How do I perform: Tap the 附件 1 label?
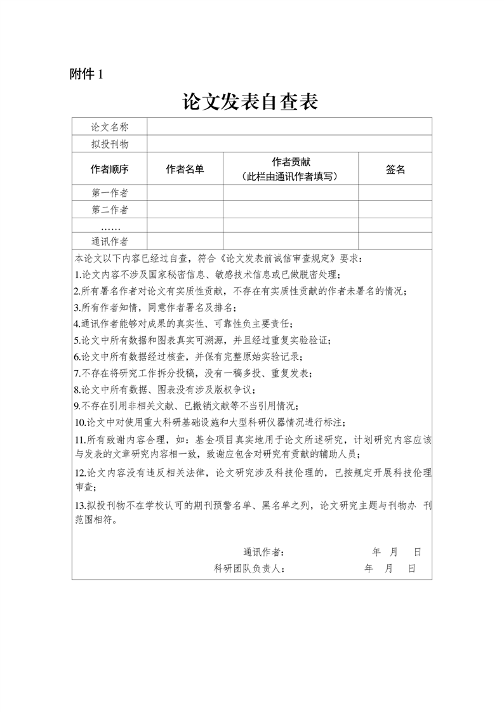(86, 74)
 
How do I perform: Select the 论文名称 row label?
(110, 127)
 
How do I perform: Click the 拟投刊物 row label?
(110, 144)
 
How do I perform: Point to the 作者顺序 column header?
(110, 169)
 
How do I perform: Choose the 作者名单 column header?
(185, 169)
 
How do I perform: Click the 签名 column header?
(395, 169)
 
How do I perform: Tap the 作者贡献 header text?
(291, 162)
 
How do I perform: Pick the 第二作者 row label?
(110, 210)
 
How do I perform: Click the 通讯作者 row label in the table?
(110, 242)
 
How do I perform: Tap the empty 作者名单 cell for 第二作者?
(185, 210)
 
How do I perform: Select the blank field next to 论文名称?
(289, 127)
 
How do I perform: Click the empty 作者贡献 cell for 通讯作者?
(291, 242)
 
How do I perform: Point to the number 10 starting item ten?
(80, 423)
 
